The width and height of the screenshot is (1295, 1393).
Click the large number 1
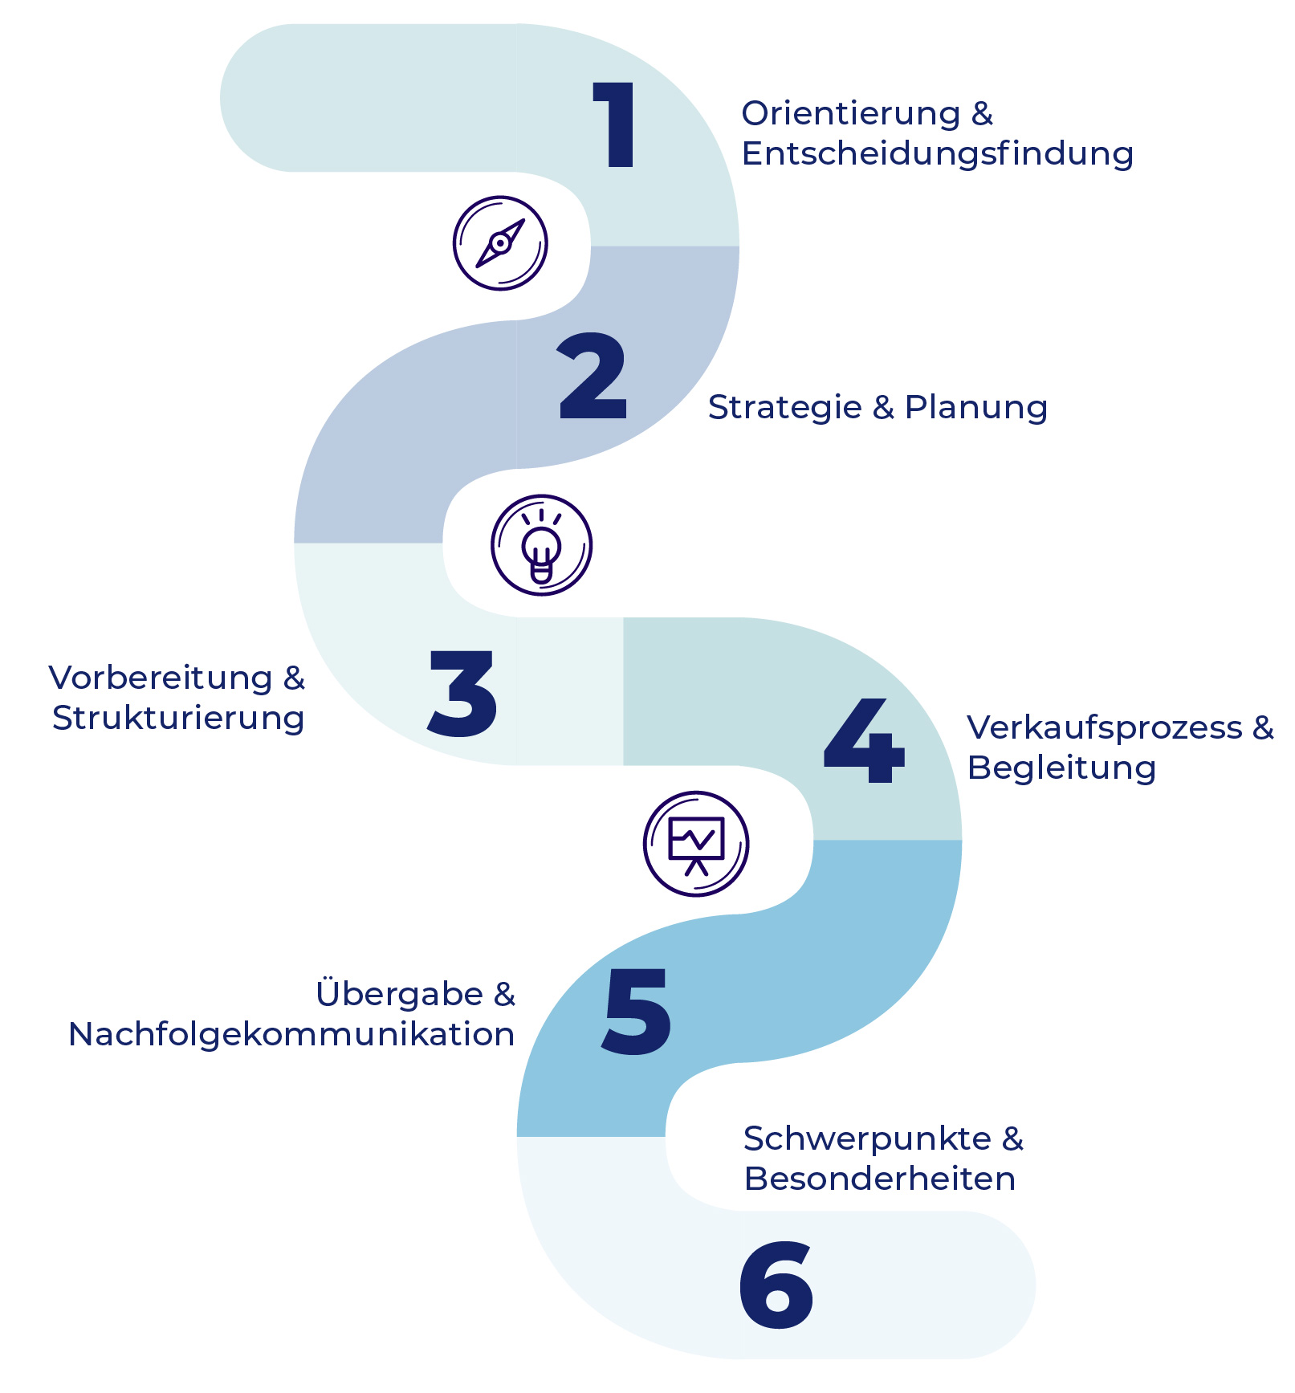[x=617, y=125]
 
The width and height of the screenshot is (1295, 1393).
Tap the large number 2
[x=593, y=377]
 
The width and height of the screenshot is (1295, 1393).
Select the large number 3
[x=462, y=694]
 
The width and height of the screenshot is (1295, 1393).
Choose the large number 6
[x=776, y=1285]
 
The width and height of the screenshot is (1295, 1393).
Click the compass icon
[x=500, y=242]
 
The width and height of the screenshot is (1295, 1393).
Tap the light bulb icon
[x=541, y=545]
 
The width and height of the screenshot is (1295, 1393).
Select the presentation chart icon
[x=696, y=844]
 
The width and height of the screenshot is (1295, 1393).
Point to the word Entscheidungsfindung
[x=937, y=154]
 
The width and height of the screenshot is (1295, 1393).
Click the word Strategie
[x=784, y=408]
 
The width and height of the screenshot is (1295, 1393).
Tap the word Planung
[x=975, y=408]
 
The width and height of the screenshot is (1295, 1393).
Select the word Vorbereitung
[x=161, y=678]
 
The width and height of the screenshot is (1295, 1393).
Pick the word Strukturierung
[x=178, y=719]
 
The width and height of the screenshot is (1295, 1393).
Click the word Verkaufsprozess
[x=1105, y=728]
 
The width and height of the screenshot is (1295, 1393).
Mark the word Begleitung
[x=1061, y=768]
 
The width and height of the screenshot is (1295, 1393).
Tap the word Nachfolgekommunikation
[x=291, y=1034]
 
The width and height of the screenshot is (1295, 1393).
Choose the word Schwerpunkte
[x=867, y=1139]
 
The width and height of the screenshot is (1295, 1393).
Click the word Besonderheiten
[x=879, y=1179]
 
